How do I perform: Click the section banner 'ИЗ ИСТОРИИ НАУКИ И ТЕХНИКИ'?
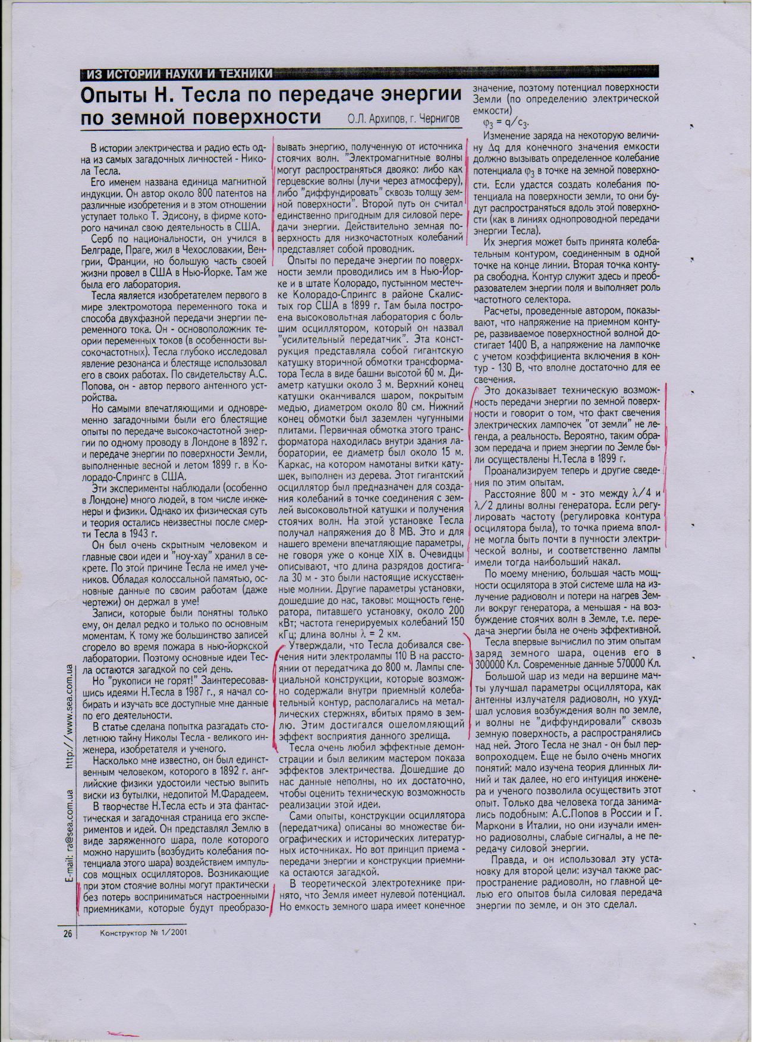180,74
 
